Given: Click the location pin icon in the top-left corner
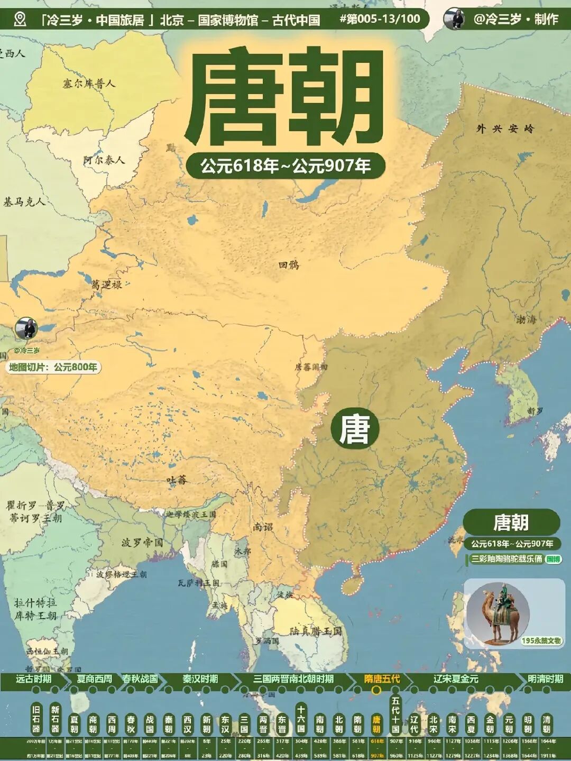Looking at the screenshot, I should point(20,20).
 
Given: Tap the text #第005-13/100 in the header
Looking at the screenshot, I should point(380,20).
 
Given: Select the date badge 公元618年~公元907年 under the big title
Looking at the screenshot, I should point(285,166).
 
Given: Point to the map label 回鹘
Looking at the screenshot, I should point(289,264).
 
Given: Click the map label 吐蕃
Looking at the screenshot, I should point(177,480).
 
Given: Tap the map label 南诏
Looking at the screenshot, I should point(263,527).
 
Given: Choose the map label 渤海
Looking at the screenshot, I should point(526,319).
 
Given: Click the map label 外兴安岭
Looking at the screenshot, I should point(505,129).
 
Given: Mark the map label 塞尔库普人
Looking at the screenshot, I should point(88,83).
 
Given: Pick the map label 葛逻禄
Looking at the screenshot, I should point(106,285).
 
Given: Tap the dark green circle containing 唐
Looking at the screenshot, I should point(355,428).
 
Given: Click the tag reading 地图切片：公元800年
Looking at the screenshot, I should point(53,367).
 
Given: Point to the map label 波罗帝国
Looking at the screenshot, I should point(142,543).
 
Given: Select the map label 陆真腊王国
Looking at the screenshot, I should point(316,631).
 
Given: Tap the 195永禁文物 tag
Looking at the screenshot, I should point(541,640).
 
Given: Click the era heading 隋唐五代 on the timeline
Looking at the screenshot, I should point(382,679).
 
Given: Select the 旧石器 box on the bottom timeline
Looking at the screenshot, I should point(36,719).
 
